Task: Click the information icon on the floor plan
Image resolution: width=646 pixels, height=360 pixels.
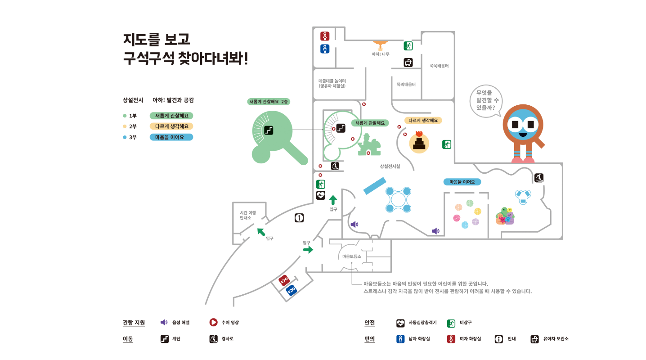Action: [x=299, y=218]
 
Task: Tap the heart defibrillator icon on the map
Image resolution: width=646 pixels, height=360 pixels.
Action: [x=320, y=195]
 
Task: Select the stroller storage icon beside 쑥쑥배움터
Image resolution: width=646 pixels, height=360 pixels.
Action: [x=408, y=63]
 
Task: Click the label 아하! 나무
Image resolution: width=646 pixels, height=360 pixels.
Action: [x=380, y=54]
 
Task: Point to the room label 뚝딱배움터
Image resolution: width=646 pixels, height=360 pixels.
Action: [x=406, y=84]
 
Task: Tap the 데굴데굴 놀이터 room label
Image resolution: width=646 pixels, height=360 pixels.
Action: [x=332, y=83]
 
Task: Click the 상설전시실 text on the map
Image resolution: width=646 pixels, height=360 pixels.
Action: [x=390, y=166]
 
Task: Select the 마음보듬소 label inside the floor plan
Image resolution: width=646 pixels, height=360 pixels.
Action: [x=352, y=256]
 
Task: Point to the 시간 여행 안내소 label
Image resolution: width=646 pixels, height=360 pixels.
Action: [x=248, y=215]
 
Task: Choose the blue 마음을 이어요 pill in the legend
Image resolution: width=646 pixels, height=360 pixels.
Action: [x=171, y=137]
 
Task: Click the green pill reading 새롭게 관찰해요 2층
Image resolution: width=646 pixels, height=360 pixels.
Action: [x=268, y=102]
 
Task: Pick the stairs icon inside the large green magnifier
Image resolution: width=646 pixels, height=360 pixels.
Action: [x=269, y=130]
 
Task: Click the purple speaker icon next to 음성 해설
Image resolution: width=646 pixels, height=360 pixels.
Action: [x=164, y=322]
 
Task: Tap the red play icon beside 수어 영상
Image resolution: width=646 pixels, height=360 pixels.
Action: [x=213, y=322]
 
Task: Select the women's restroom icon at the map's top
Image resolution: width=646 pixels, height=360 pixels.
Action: [x=325, y=36]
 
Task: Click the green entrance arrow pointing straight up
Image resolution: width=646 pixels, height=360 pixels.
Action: [x=333, y=200]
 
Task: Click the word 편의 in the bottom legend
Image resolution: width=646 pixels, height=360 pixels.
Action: [x=369, y=339]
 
